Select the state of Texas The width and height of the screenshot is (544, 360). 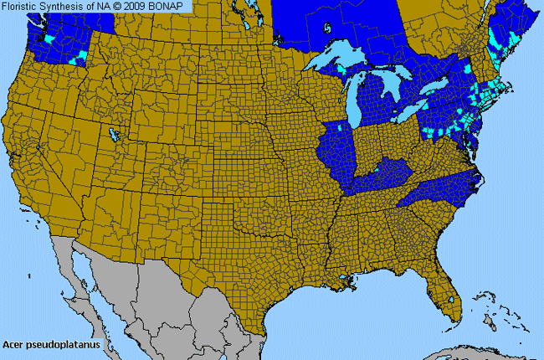click(x=251, y=260)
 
